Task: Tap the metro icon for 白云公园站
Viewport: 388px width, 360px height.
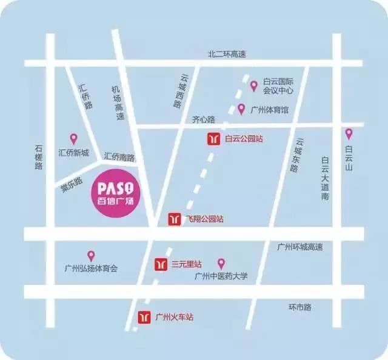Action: [x=213, y=139]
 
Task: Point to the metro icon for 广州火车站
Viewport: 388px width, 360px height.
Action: [x=145, y=316]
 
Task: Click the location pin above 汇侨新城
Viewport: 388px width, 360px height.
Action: [x=74, y=139]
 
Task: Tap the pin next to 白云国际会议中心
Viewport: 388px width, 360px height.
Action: [x=254, y=85]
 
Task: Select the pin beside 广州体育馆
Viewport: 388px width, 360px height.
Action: [x=241, y=109]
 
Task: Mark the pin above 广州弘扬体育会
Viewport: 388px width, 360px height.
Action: [x=91, y=256]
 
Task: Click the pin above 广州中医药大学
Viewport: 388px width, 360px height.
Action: [x=221, y=263]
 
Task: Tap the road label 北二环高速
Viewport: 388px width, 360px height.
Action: [x=227, y=54]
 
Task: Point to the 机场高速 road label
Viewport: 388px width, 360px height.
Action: [x=118, y=102]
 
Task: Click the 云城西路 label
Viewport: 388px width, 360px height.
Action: [x=181, y=91]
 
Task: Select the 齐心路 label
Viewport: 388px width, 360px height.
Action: [x=204, y=119]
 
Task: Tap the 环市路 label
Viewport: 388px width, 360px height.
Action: [x=299, y=307]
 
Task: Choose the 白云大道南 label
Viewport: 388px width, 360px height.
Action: [x=325, y=179]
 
